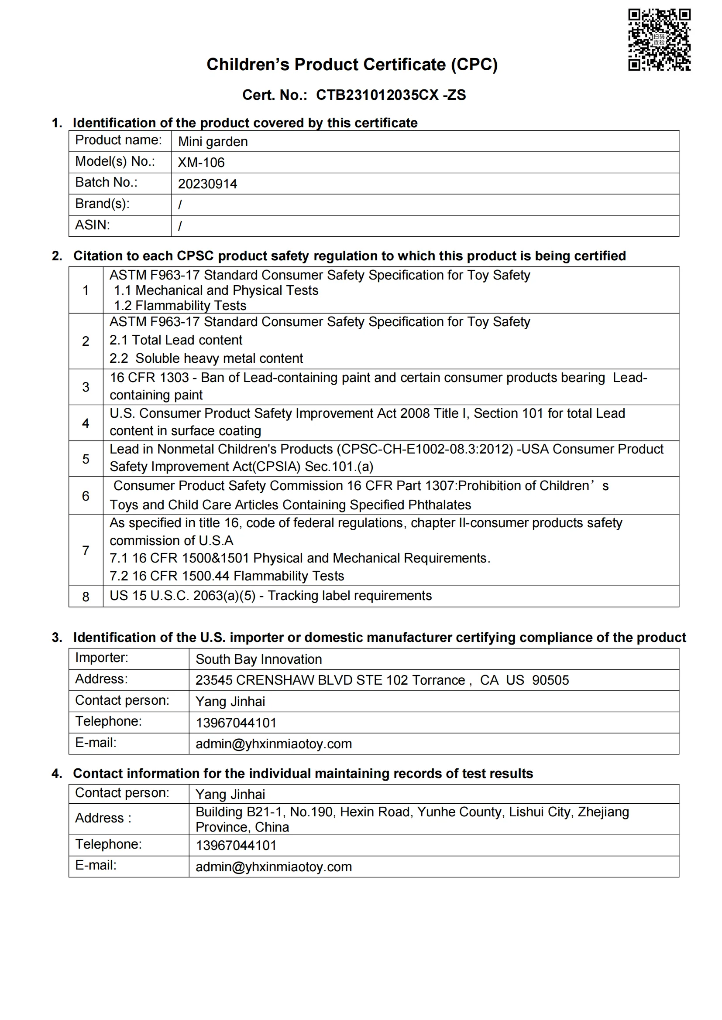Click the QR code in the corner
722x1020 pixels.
(x=659, y=40)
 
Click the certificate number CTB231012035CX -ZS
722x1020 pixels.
(x=391, y=95)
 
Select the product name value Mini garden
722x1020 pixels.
(x=213, y=142)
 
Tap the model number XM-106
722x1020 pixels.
(x=201, y=163)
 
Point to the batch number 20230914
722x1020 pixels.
(x=207, y=184)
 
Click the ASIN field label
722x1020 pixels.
(x=93, y=225)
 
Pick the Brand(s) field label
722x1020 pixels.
(x=102, y=204)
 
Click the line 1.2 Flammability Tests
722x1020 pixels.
(x=179, y=306)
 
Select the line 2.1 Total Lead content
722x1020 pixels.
(x=175, y=340)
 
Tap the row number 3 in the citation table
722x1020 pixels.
(x=86, y=387)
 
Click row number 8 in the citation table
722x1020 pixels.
(x=86, y=597)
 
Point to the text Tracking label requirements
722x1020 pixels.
(x=350, y=596)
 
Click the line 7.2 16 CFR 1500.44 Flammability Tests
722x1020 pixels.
(x=227, y=576)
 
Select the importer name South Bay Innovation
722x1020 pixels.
(x=258, y=659)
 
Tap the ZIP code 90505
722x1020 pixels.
(x=550, y=680)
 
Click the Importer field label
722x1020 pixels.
(x=101, y=658)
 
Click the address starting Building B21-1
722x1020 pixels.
(x=412, y=812)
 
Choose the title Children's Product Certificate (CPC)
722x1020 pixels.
(x=352, y=65)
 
